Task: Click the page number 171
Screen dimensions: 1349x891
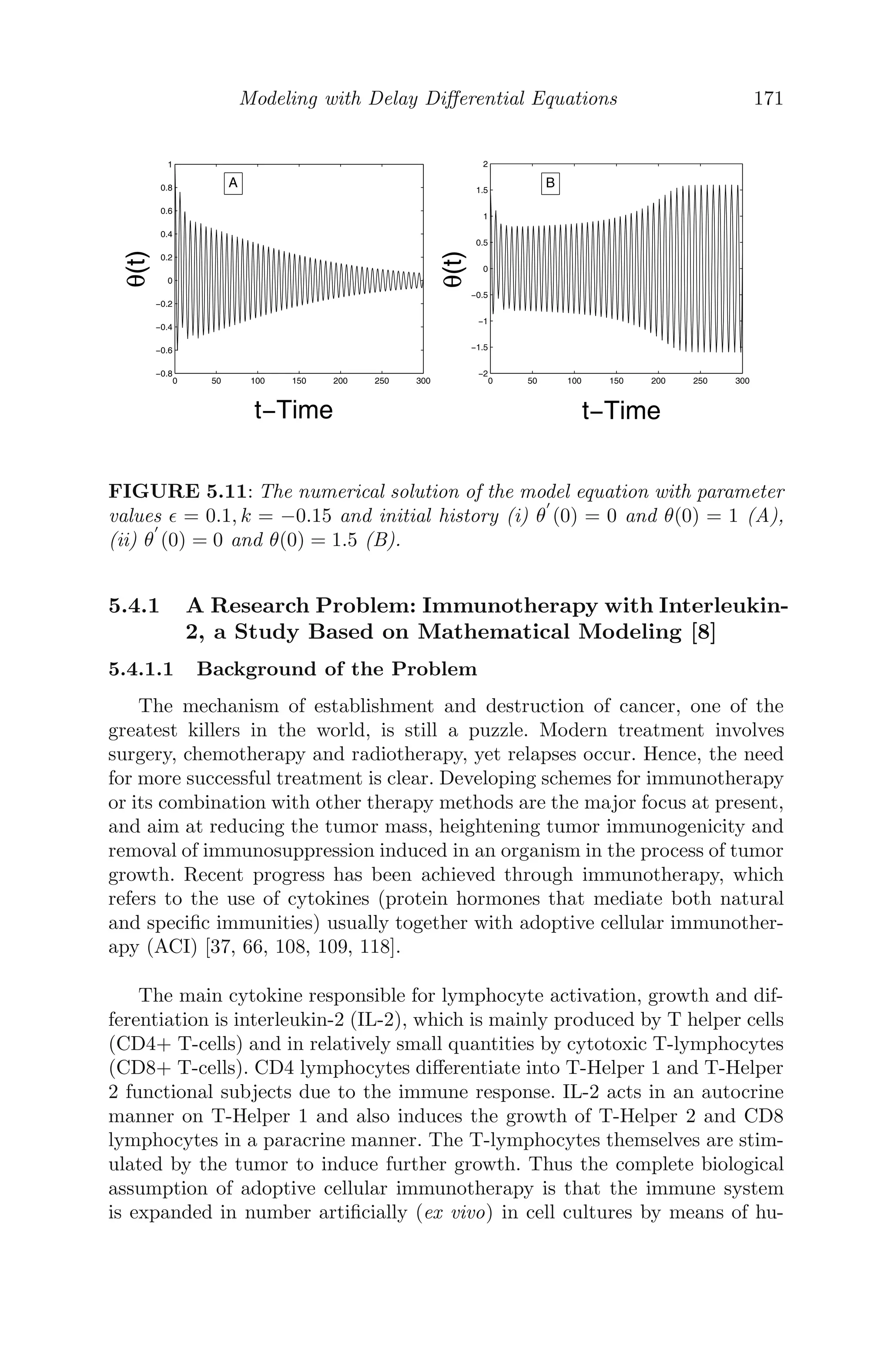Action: click(x=768, y=99)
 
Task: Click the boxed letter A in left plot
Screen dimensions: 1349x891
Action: click(x=233, y=184)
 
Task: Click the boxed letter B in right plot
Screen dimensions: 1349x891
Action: click(x=550, y=184)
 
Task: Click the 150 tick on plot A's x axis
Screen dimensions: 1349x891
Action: click(x=299, y=381)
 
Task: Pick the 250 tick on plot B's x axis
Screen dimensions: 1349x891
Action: click(x=700, y=381)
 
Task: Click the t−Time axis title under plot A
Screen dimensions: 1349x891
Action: click(x=293, y=410)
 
